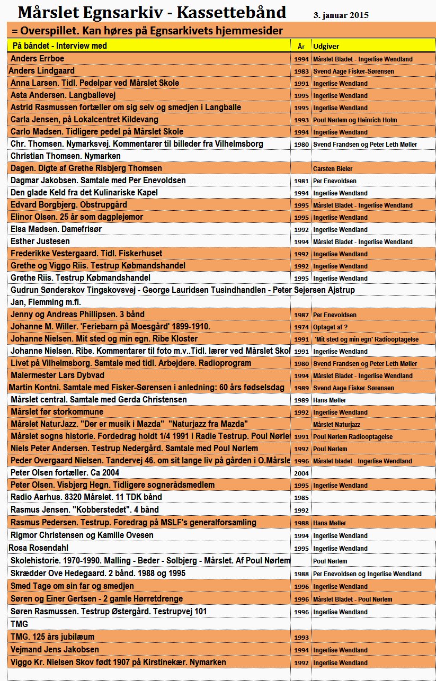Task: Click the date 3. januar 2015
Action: tap(341, 15)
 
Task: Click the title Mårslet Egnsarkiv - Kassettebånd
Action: tap(152, 12)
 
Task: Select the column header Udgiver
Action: tap(323, 47)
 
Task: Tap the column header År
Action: tap(301, 47)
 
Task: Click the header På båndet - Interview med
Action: tap(59, 46)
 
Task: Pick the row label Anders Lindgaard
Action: tap(42, 70)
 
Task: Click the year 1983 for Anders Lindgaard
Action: tap(301, 71)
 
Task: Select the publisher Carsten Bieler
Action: tap(332, 169)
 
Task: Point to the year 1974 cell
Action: tap(301, 328)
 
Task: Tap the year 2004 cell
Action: tap(301, 473)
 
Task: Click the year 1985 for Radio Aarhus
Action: tap(301, 498)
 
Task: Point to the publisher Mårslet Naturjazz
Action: tap(337, 425)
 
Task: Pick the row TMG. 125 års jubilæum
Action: tap(52, 637)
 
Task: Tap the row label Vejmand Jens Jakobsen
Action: tap(55, 649)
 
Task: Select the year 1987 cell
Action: tap(301, 315)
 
